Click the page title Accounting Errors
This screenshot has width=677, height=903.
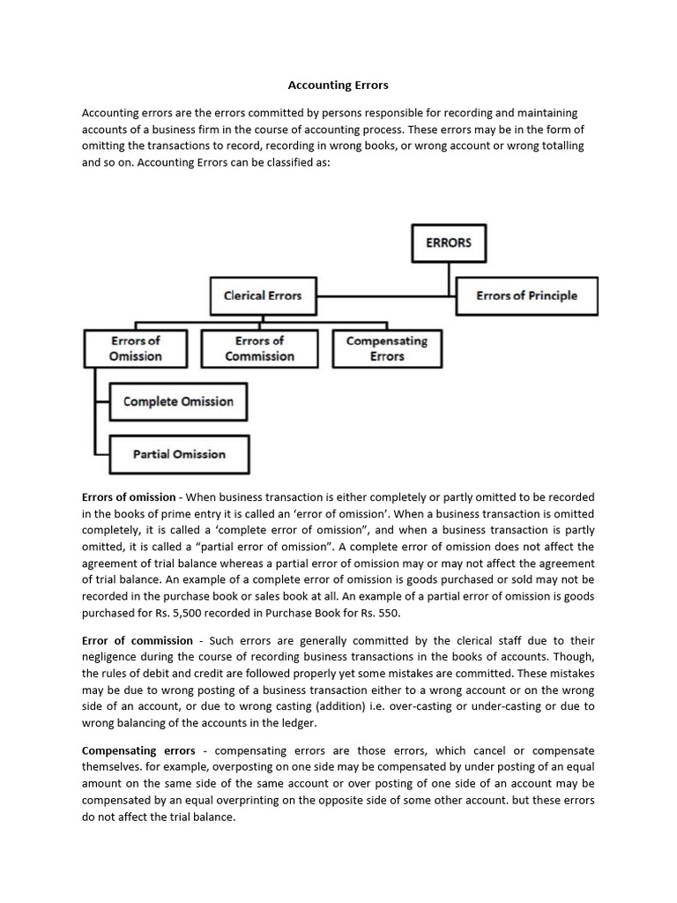tap(338, 86)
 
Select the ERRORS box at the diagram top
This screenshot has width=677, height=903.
tap(449, 243)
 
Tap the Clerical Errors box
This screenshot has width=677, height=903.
tap(263, 295)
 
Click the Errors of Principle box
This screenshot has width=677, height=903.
tap(526, 295)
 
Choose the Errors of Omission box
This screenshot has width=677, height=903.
tap(135, 348)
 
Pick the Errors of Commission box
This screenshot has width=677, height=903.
tap(259, 348)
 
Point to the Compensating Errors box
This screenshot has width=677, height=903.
tap(387, 348)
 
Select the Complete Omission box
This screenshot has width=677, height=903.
tap(178, 401)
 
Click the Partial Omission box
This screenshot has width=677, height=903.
tap(179, 454)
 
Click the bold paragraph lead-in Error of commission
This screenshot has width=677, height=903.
tap(137, 640)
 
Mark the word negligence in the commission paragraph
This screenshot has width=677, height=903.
tap(111, 657)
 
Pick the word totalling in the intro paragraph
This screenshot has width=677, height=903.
tap(555, 146)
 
